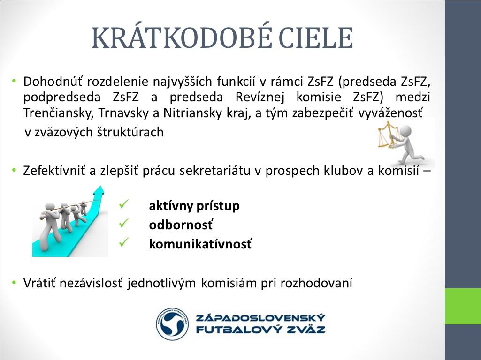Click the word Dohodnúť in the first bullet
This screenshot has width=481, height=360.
[53, 82]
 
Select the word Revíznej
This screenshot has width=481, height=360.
[260, 97]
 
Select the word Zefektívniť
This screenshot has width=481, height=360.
[54, 170]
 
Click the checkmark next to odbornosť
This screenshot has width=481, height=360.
[124, 223]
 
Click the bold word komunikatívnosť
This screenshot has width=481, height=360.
[200, 244]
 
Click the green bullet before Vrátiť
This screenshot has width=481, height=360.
[14, 282]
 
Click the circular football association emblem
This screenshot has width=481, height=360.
[172, 324]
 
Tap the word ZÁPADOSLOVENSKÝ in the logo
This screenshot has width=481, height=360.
[260, 317]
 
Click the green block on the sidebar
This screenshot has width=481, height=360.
[463, 306]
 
